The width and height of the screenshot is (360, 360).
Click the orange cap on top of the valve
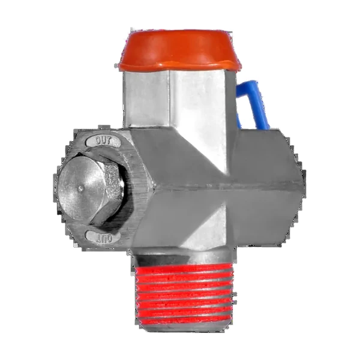pos(179,50)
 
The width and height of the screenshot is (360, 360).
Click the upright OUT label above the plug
pos(103,141)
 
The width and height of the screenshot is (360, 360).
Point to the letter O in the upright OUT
pos(98,140)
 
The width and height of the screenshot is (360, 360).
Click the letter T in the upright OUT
pos(109,142)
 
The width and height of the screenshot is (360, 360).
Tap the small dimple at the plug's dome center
pos(80,189)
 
